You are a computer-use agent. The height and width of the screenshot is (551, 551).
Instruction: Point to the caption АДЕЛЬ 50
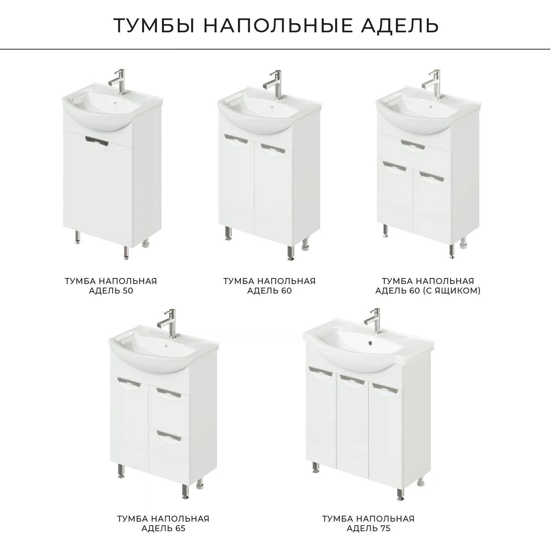111,291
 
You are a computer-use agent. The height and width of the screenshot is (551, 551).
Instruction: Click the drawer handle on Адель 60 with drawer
413,144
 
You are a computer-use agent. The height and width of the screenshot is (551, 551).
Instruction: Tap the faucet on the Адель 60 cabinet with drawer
433,82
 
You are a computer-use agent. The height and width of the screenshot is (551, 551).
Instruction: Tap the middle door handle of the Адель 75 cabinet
352,379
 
